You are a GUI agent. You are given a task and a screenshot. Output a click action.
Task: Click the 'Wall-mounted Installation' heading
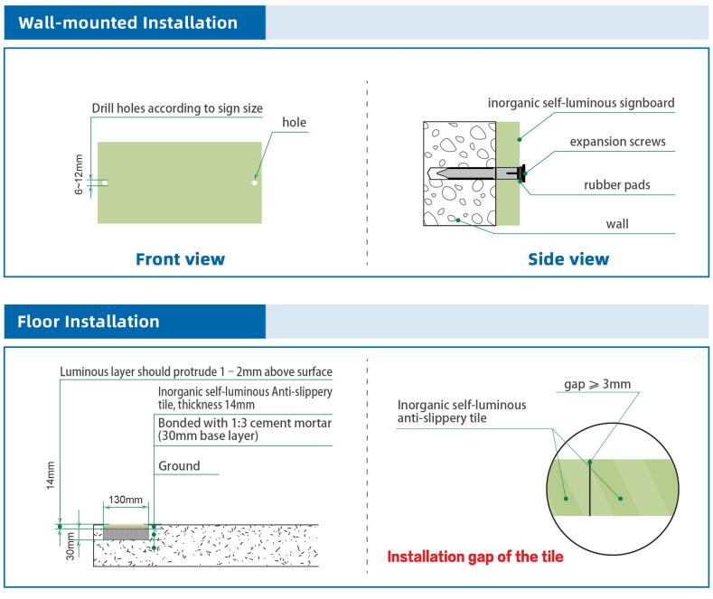[x=128, y=23]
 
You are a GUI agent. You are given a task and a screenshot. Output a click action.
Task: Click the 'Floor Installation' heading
[x=89, y=321]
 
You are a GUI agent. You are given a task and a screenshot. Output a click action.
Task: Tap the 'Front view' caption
[x=180, y=259]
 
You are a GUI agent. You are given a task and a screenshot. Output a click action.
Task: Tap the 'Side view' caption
[x=568, y=259]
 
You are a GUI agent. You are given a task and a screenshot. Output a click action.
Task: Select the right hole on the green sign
[x=256, y=183]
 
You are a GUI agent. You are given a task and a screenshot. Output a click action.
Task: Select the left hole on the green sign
[x=105, y=183]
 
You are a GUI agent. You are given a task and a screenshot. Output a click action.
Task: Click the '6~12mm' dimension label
[x=79, y=174]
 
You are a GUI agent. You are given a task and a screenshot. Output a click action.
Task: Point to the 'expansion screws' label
[x=617, y=142]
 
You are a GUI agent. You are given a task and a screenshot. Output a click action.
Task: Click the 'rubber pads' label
[x=616, y=185]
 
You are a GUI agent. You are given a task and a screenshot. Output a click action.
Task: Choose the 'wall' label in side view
[x=617, y=223]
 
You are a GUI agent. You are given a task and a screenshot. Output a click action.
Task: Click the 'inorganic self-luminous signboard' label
[x=581, y=103]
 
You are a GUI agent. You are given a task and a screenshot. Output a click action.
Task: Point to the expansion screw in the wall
[x=475, y=173]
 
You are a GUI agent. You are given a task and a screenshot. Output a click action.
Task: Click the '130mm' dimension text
[x=126, y=500]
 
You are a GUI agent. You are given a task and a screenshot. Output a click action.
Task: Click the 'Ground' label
[x=178, y=467]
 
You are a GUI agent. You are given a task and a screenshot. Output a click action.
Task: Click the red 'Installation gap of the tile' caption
[x=474, y=557]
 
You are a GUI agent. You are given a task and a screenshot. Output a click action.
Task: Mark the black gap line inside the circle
[x=589, y=487]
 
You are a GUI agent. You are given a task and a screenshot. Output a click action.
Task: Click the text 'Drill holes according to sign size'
[x=177, y=108]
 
